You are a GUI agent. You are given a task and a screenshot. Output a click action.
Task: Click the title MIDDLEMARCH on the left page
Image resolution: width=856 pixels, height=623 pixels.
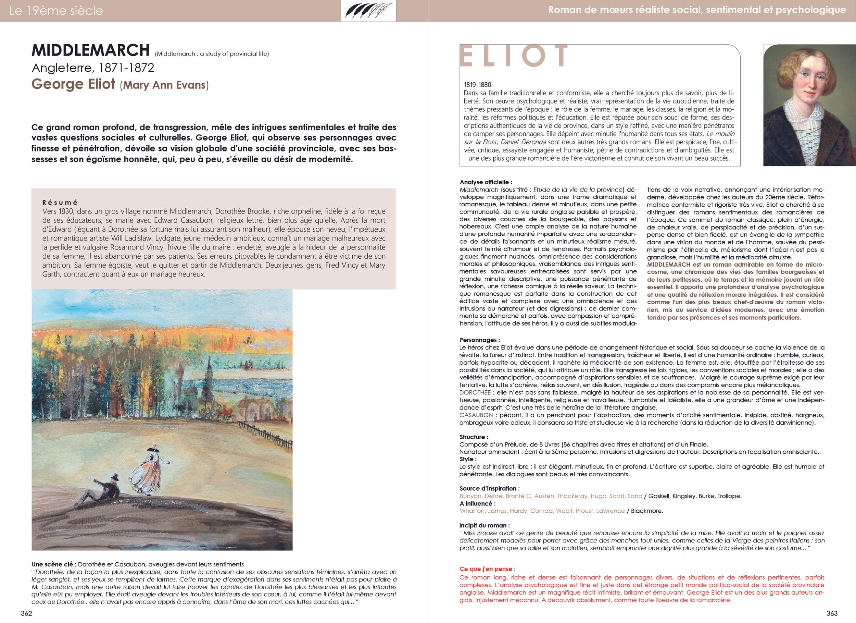tap(91, 50)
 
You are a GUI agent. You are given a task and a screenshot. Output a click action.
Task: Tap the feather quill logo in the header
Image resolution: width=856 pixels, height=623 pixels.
tap(368, 11)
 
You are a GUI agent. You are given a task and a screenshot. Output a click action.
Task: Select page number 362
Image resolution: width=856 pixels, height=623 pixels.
tap(26, 613)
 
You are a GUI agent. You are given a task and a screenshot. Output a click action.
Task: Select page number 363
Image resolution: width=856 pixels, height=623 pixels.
tap(832, 613)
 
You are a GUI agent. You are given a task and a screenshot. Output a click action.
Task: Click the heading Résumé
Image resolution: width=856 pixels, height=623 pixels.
tap(60, 203)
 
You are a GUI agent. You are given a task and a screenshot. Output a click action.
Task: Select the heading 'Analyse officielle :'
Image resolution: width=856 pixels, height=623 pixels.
tap(486, 182)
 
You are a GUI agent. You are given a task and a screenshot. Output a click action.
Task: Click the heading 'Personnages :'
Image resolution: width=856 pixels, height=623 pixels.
tap(479, 340)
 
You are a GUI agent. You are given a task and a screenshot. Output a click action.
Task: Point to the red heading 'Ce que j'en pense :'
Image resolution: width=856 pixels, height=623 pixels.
tap(487, 569)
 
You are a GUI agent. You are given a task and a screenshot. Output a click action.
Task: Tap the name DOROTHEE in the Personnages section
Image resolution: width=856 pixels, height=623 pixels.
tap(475, 392)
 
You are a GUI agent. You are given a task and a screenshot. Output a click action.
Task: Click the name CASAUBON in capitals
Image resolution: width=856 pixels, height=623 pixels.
tap(476, 415)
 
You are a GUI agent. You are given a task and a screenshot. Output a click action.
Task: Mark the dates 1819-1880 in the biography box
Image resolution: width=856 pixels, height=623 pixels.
tap(477, 85)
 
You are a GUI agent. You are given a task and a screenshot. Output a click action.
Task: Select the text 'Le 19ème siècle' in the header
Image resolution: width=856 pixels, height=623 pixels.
tap(56, 11)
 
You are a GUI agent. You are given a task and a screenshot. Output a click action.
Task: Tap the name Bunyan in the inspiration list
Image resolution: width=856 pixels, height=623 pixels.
tap(470, 496)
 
